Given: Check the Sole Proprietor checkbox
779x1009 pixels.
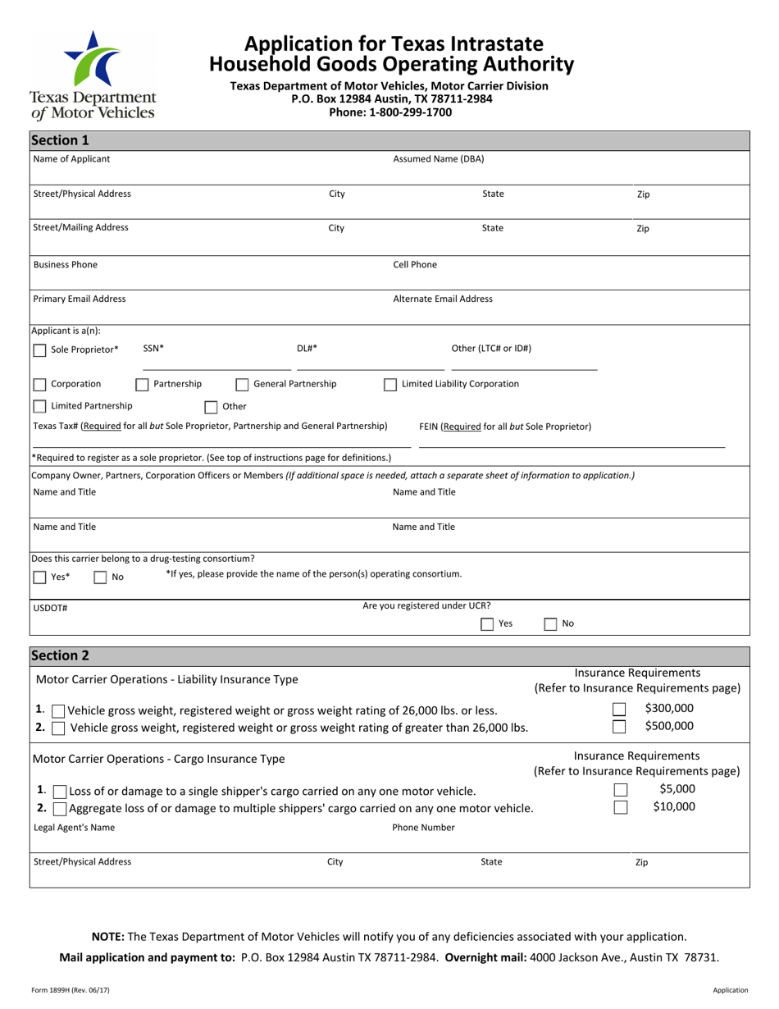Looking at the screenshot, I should [x=39, y=350].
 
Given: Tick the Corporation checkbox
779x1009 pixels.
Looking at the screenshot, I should [x=39, y=384].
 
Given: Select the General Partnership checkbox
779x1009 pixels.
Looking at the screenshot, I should [x=242, y=385].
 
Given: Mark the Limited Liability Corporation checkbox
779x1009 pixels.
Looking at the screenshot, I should [x=390, y=385].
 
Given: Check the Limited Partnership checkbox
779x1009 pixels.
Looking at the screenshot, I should [x=39, y=406].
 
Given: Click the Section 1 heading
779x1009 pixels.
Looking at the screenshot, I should [x=60, y=139].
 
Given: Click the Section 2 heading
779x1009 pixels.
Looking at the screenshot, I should [x=60, y=655].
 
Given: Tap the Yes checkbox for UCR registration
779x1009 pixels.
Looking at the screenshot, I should [x=487, y=624].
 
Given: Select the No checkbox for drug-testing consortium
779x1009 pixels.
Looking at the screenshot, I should [x=100, y=578].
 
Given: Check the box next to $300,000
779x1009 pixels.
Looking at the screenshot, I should [x=620, y=710].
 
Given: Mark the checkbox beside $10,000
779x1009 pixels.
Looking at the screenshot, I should [x=621, y=807].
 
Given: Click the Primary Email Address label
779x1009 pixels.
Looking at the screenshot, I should [x=80, y=299].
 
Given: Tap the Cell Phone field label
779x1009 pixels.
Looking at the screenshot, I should [x=415, y=265].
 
